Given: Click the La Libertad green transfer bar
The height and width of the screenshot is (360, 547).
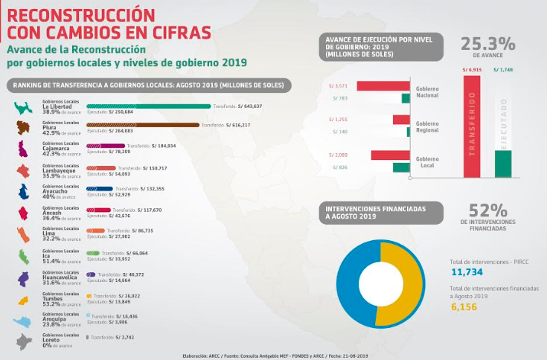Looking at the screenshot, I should [x=149, y=106].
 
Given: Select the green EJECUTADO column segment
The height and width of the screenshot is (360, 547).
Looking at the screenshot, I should [x=503, y=164].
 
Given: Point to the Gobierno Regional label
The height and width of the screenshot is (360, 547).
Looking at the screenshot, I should [x=427, y=126].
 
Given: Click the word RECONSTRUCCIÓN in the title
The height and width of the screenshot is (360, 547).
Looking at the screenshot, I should [x=81, y=15].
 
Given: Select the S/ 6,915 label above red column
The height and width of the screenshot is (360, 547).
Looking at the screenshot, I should [x=471, y=69].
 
